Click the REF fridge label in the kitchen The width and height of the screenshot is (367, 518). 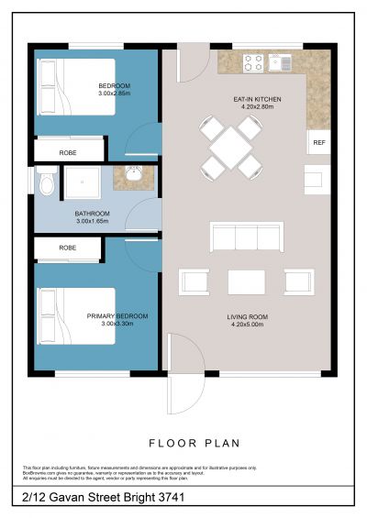click(x=318, y=142)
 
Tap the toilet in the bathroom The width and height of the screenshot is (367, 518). click(x=46, y=184)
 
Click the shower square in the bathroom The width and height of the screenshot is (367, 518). click(x=83, y=184)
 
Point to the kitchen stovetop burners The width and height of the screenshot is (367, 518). click(x=253, y=62)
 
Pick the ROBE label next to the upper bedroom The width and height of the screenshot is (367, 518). click(x=67, y=151)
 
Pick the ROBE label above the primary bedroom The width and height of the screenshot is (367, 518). click(x=67, y=248)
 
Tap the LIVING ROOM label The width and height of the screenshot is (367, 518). click(x=250, y=316)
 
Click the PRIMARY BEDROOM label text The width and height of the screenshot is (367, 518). click(x=117, y=315)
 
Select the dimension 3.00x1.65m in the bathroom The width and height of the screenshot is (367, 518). click(x=92, y=221)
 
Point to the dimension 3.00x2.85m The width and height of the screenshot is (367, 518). click(x=115, y=94)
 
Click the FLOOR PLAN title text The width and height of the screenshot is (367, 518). click(x=194, y=443)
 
